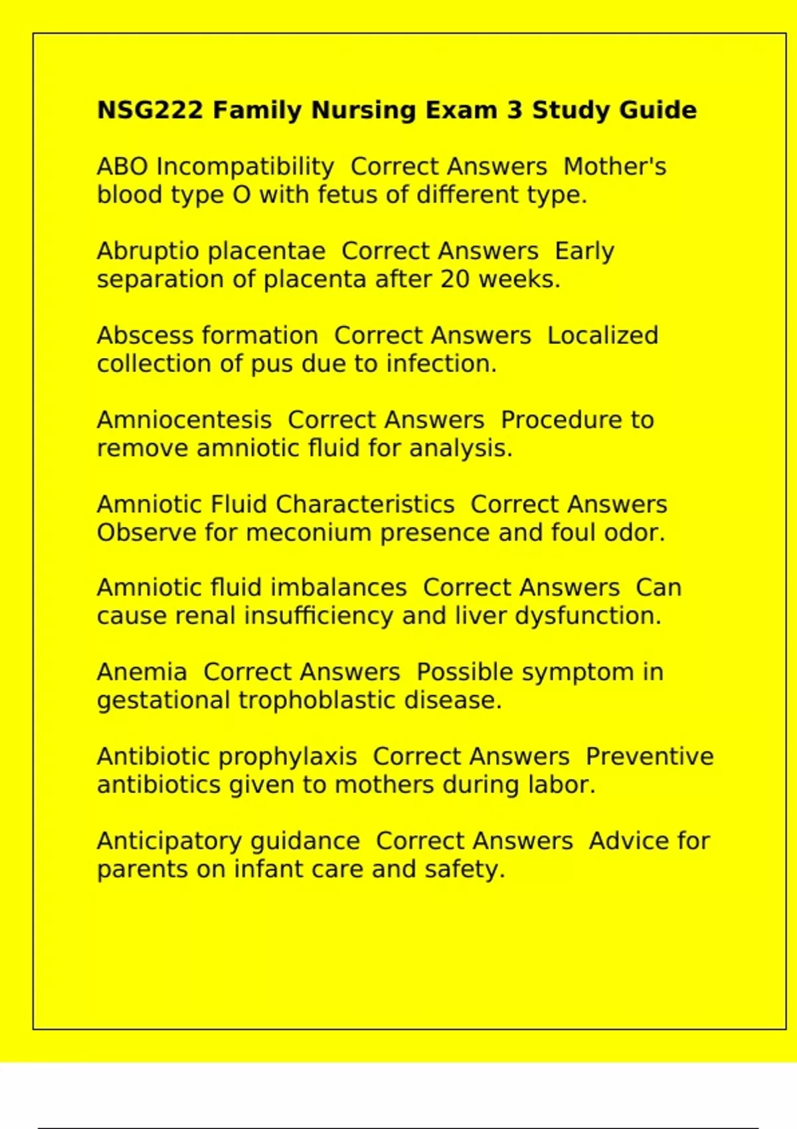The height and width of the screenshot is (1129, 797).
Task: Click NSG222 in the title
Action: [x=149, y=110]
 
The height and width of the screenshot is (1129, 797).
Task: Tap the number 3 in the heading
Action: [x=514, y=110]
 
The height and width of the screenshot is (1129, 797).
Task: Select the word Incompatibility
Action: [x=245, y=167]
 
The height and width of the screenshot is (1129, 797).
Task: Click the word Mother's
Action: [x=614, y=167]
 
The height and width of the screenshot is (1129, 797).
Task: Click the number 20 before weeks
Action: [x=455, y=280]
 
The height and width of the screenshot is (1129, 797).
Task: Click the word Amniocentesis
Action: [x=184, y=420]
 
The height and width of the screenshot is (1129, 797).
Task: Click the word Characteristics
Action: [x=365, y=504]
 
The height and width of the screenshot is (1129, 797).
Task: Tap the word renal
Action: [x=205, y=616]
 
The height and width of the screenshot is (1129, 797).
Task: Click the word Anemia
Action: [x=141, y=672]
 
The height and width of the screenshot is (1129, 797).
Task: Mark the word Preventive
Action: [x=649, y=756]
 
